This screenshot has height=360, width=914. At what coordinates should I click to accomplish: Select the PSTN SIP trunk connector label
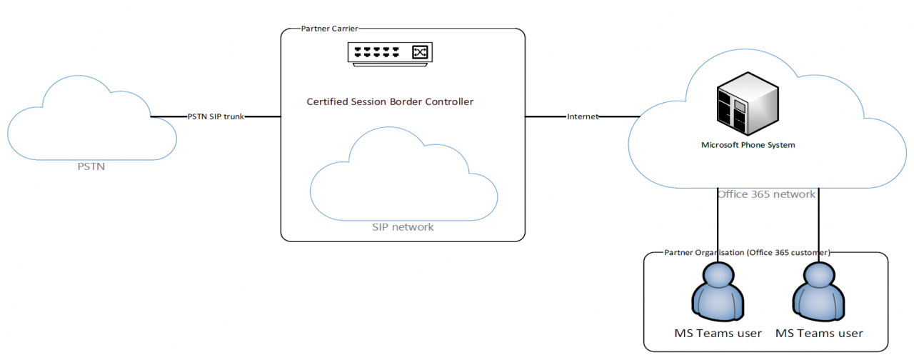point(216,116)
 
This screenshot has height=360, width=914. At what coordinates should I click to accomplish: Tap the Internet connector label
point(582,116)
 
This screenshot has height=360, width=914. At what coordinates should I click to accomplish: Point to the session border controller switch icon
point(390,53)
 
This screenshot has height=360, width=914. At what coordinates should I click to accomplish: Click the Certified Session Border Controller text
point(390,101)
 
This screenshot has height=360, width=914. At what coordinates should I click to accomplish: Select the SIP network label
point(403,227)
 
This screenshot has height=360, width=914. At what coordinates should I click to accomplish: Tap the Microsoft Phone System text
point(748,145)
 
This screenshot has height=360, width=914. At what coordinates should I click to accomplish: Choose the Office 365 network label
point(766,194)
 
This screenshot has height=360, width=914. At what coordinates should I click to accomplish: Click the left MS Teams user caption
point(718,333)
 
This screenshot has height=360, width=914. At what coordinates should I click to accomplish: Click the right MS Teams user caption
point(819,333)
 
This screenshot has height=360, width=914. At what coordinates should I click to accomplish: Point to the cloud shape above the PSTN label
point(91,121)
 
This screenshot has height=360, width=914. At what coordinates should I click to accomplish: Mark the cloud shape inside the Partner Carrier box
point(403,182)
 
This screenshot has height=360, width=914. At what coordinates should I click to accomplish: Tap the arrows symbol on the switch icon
point(420,51)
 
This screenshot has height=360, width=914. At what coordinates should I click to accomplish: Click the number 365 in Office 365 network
point(761,194)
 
